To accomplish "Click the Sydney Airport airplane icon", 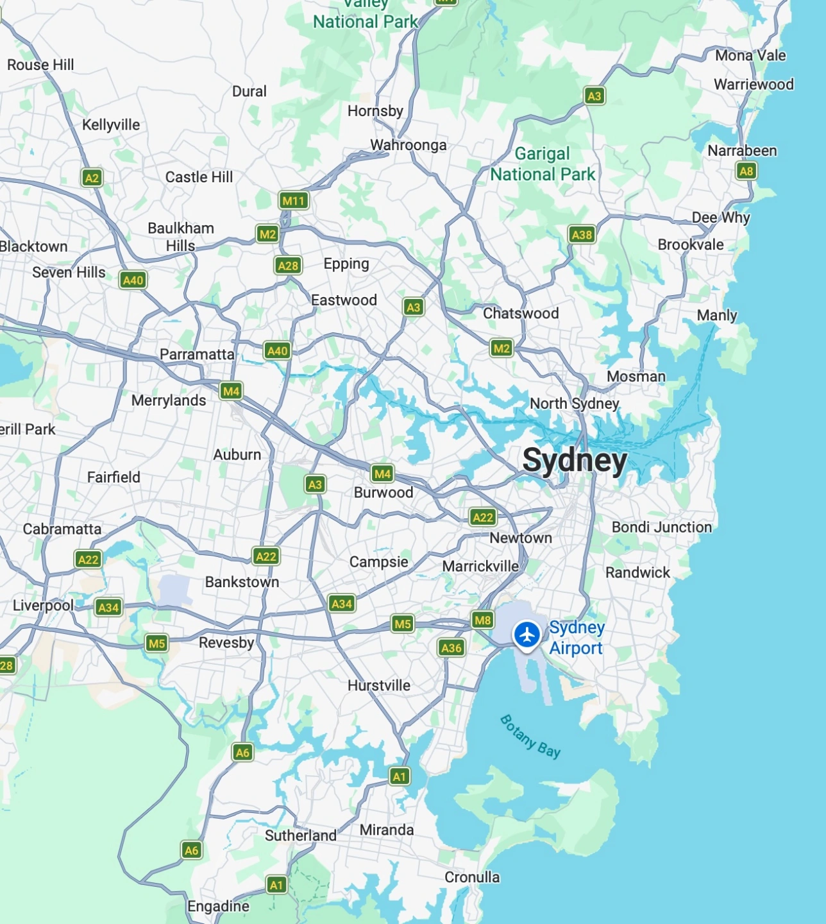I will point(527,635).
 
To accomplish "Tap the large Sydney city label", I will point(575,461).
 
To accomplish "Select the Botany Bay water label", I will point(530,737).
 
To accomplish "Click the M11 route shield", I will point(294,201).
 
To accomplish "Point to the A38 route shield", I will point(582,235).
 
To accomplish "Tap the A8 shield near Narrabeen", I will point(746,171).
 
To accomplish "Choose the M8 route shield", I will point(482,620).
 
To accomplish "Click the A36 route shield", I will point(451,648).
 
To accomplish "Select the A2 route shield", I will point(92,178).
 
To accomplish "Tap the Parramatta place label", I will point(197,354).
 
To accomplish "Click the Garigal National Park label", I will point(543,164).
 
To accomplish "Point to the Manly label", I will point(716,315).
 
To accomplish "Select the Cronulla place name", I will point(472,877).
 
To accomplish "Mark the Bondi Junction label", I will point(661,527).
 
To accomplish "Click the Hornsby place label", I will point(375,111).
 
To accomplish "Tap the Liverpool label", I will point(43,606).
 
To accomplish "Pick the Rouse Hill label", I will point(40,65).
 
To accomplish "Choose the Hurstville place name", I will point(378,685).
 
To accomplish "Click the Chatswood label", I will point(520,313).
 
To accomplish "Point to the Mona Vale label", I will point(750,56).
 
